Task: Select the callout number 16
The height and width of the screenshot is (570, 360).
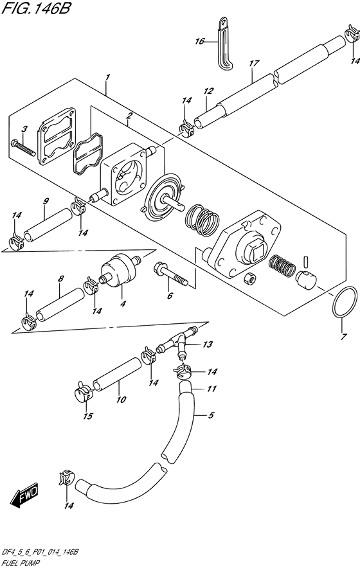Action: pyautogui.click(x=200, y=41)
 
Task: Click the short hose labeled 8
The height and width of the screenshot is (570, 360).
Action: pyautogui.click(x=60, y=304)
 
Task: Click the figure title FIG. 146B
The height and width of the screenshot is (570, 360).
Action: pyautogui.click(x=35, y=8)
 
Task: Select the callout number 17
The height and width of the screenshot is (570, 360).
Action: pyautogui.click(x=254, y=63)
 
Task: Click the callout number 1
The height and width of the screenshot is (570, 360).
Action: pyautogui.click(x=107, y=77)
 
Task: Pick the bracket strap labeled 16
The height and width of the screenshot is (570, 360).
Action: pyautogui.click(x=224, y=43)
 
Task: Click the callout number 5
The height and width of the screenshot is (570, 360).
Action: pyautogui.click(x=211, y=415)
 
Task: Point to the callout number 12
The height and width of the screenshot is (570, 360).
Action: pyautogui.click(x=208, y=91)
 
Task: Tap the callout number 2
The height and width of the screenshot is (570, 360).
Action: pyautogui.click(x=129, y=116)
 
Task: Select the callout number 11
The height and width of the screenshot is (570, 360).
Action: pyautogui.click(x=212, y=389)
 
